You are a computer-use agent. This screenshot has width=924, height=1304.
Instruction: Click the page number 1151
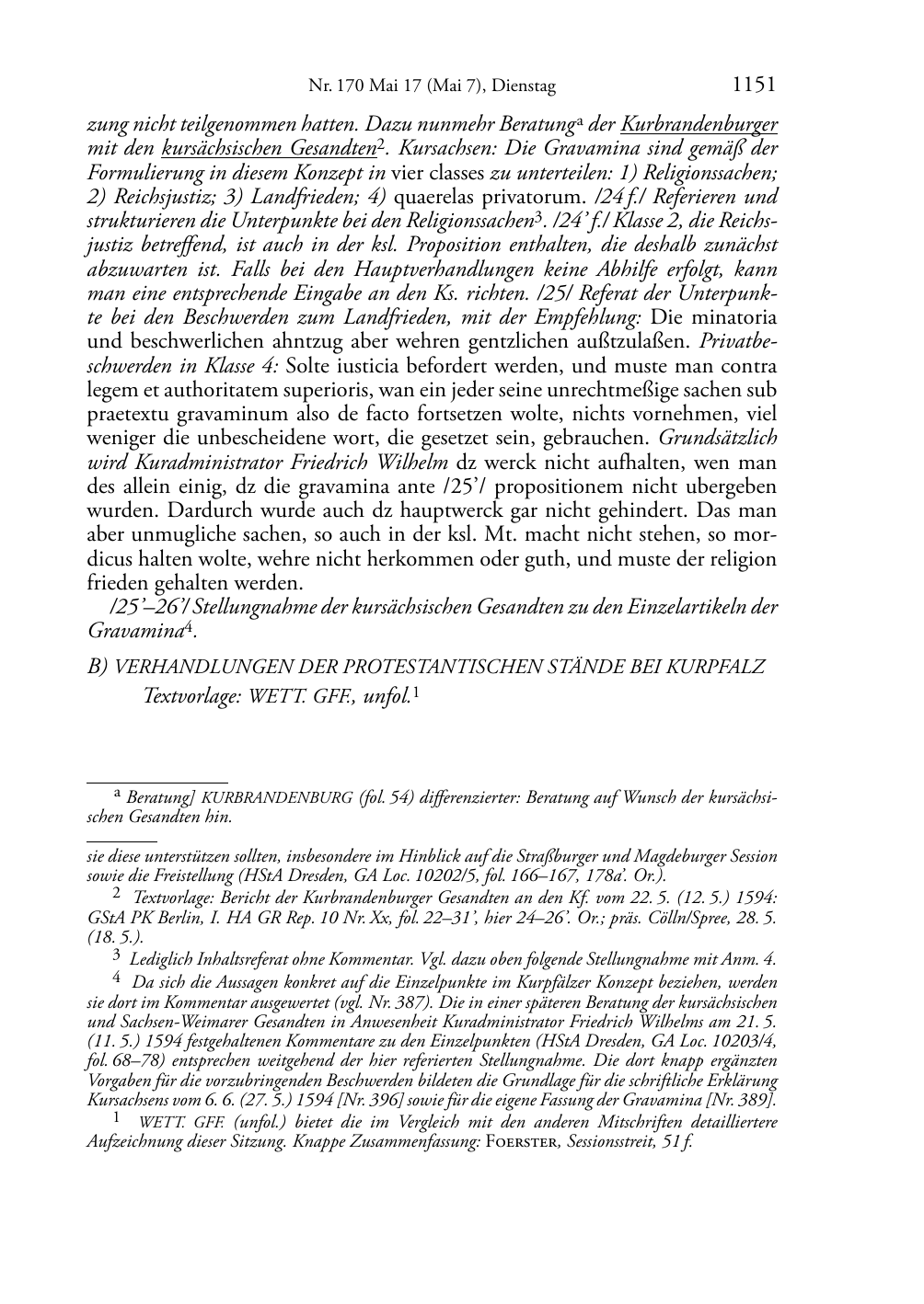point(753,86)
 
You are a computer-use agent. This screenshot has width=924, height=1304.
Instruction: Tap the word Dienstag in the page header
point(524,87)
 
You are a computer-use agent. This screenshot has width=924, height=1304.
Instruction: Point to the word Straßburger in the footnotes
point(562,856)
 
